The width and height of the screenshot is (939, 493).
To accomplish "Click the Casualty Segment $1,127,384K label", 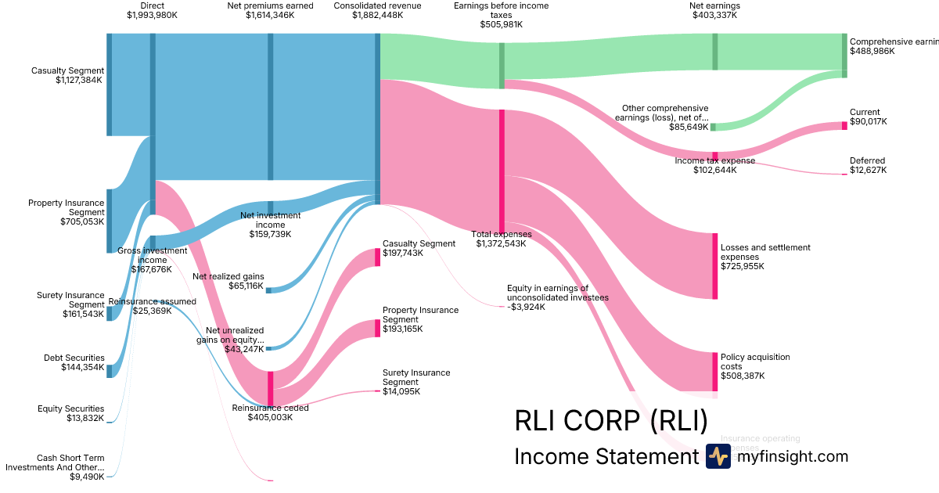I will click(x=67, y=75).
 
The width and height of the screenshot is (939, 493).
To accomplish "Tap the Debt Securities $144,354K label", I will click(x=74, y=362).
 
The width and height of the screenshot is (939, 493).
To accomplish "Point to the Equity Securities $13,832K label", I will click(x=70, y=413).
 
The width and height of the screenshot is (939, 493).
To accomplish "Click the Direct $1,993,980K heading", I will click(x=152, y=10).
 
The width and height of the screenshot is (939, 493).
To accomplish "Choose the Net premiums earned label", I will click(x=270, y=10).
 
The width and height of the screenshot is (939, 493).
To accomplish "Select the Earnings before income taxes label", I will click(x=501, y=15).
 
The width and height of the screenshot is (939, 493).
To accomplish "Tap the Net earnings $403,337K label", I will click(x=714, y=10).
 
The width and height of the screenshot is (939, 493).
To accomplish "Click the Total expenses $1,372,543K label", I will click(x=501, y=239).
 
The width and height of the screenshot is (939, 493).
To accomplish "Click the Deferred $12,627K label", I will click(x=868, y=166).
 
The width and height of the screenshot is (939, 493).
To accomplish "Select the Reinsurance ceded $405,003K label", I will click(x=270, y=412).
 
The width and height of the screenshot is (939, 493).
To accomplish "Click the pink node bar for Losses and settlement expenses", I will click(x=714, y=266).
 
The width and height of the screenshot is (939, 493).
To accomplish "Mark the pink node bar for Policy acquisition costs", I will click(x=714, y=372).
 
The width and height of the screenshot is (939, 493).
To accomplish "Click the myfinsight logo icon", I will click(x=718, y=456).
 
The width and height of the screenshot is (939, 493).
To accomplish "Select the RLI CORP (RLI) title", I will click(x=610, y=421).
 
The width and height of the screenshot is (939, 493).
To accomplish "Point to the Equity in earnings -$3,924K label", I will click(x=557, y=297).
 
